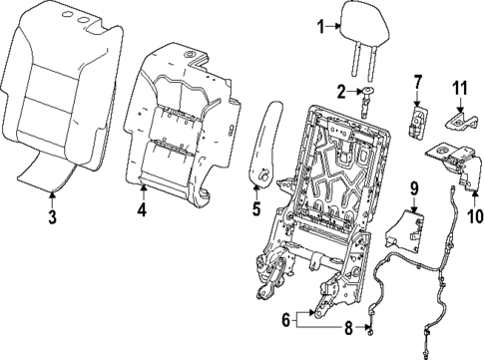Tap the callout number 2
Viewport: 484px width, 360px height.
click(x=341, y=92)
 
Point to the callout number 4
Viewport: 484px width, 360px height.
click(x=142, y=210)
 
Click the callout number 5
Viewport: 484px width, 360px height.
click(x=255, y=209)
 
